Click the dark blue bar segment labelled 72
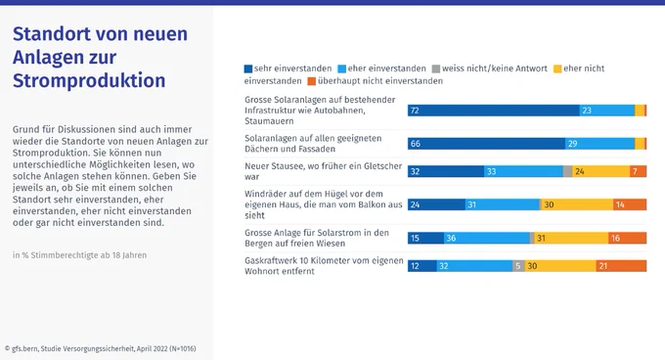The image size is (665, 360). tap(494, 111)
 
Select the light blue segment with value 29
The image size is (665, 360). tap(600, 144)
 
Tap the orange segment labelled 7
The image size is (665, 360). tap(639, 171)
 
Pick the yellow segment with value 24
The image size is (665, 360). tap(601, 171)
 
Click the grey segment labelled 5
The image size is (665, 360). tap(518, 266)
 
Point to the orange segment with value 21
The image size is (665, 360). tap(621, 266)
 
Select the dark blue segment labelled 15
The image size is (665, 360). tap(425, 238)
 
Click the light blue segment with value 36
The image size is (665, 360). tap(487, 238)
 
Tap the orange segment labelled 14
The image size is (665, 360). tap(630, 204)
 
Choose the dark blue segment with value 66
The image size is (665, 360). tap(486, 144)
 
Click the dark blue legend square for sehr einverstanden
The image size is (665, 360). tap(248, 68)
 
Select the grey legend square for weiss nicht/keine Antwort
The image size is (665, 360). tap(436, 68)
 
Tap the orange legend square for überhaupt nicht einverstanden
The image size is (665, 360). tap(312, 81)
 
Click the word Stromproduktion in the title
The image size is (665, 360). tap(89, 80)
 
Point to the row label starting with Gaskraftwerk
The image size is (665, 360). tap(324, 266)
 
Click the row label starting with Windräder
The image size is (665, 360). tap(323, 204)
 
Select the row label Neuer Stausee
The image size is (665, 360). tap(323, 171)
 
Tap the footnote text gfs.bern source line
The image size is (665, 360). tap(101, 348)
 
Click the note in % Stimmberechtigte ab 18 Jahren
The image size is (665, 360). tap(80, 255)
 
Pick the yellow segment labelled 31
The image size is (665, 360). tap(571, 238)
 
